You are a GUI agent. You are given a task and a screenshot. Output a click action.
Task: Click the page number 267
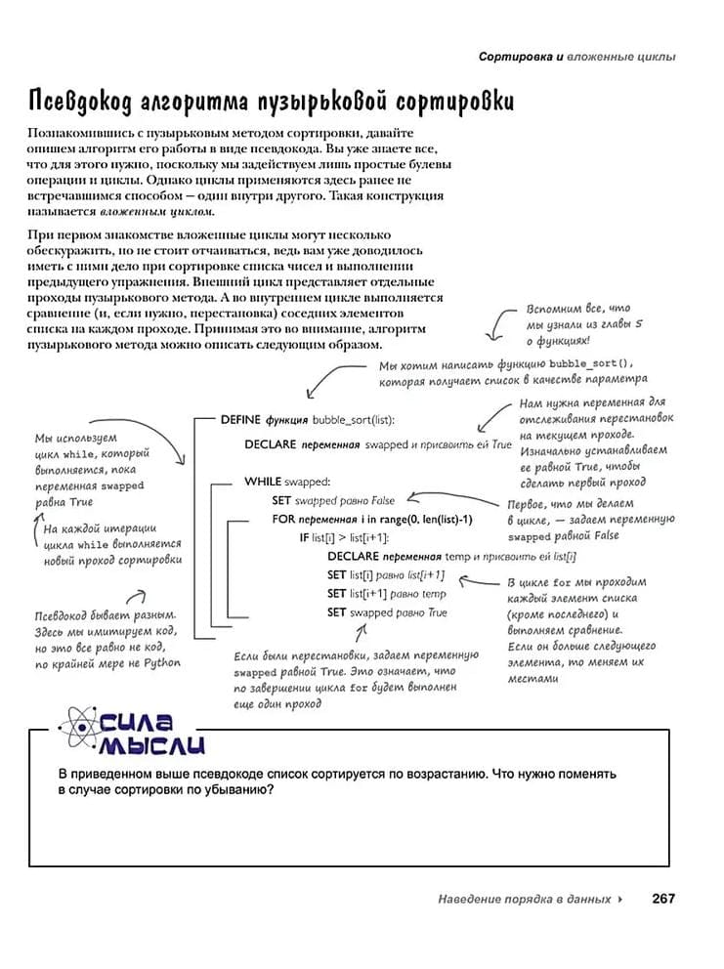tap(663, 899)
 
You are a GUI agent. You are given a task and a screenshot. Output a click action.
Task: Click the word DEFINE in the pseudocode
tap(240, 419)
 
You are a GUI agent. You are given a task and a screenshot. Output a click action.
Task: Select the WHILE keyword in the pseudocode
tap(263, 481)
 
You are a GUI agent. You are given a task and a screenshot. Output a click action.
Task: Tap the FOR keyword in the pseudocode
tap(283, 519)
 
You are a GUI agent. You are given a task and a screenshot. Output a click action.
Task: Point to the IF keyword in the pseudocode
tap(304, 537)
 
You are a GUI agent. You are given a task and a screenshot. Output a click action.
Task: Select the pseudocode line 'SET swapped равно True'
tap(387, 612)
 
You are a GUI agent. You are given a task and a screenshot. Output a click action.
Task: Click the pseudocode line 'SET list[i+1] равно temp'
tap(386, 593)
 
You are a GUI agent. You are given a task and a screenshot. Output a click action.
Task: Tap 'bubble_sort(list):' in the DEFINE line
tap(354, 419)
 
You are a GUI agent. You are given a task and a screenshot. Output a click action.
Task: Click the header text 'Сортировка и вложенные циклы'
tap(576, 57)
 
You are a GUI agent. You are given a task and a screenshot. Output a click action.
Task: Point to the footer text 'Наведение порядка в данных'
tap(525, 899)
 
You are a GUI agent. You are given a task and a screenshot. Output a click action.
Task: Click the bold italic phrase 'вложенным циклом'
tap(157, 211)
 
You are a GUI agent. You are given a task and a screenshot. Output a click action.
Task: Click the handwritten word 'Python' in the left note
tap(158, 662)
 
